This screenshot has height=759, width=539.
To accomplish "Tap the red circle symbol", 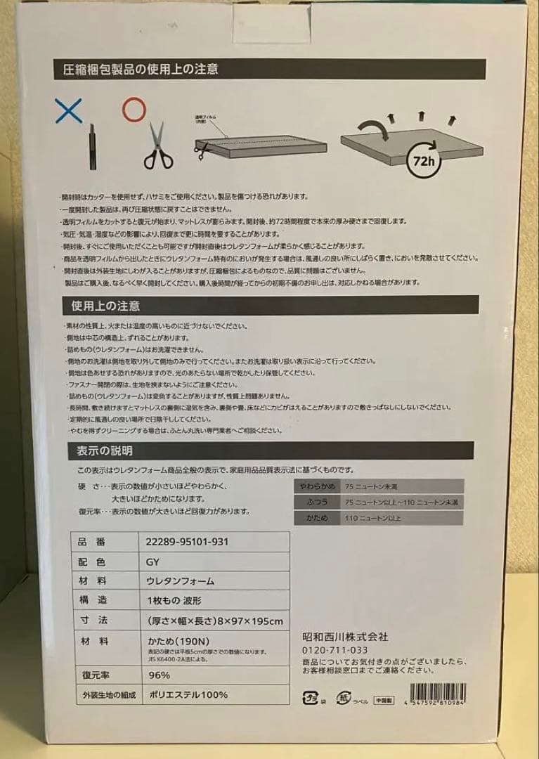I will [133, 110].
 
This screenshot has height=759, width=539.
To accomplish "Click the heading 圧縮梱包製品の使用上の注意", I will [141, 69].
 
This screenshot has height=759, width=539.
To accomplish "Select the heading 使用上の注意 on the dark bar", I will [105, 306].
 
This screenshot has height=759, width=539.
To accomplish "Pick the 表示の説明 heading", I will [100, 450].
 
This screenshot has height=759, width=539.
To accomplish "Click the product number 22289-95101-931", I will [188, 542].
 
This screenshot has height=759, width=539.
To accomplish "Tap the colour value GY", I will [152, 562].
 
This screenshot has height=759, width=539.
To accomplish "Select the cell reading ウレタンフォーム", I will [181, 581].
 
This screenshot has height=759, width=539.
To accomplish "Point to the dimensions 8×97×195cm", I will [215, 621].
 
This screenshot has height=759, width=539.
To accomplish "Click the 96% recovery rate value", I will [160, 675].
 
